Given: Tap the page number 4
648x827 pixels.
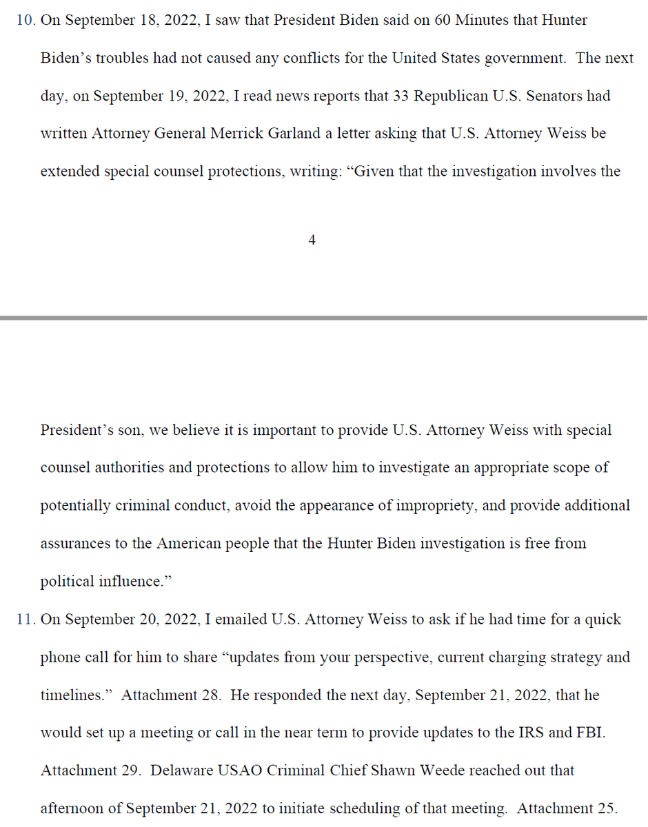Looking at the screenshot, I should pyautogui.click(x=312, y=240).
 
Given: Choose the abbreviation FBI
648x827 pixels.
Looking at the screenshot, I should pyautogui.click(x=591, y=733).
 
